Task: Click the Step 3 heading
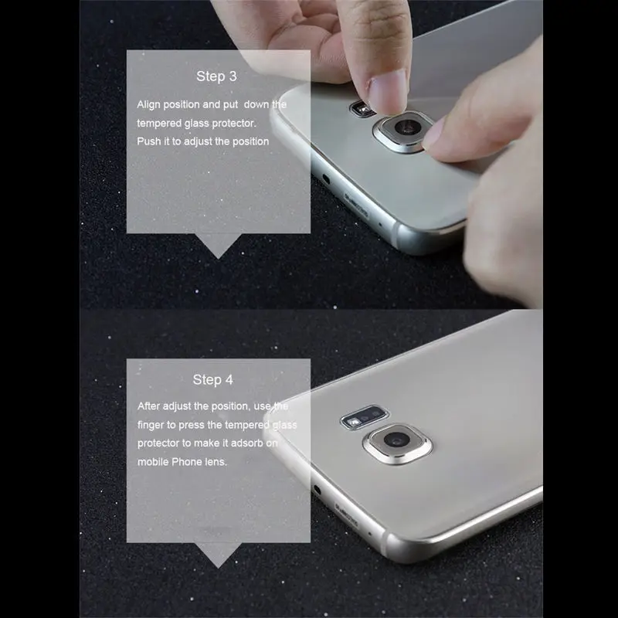pos(216,76)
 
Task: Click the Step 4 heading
pos(212,379)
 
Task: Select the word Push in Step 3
pos(150,141)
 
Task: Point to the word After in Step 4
pos(150,406)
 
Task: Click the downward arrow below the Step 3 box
pos(218,247)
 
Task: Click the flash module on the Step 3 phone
pos(360,107)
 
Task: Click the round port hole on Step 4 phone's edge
pos(317,490)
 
